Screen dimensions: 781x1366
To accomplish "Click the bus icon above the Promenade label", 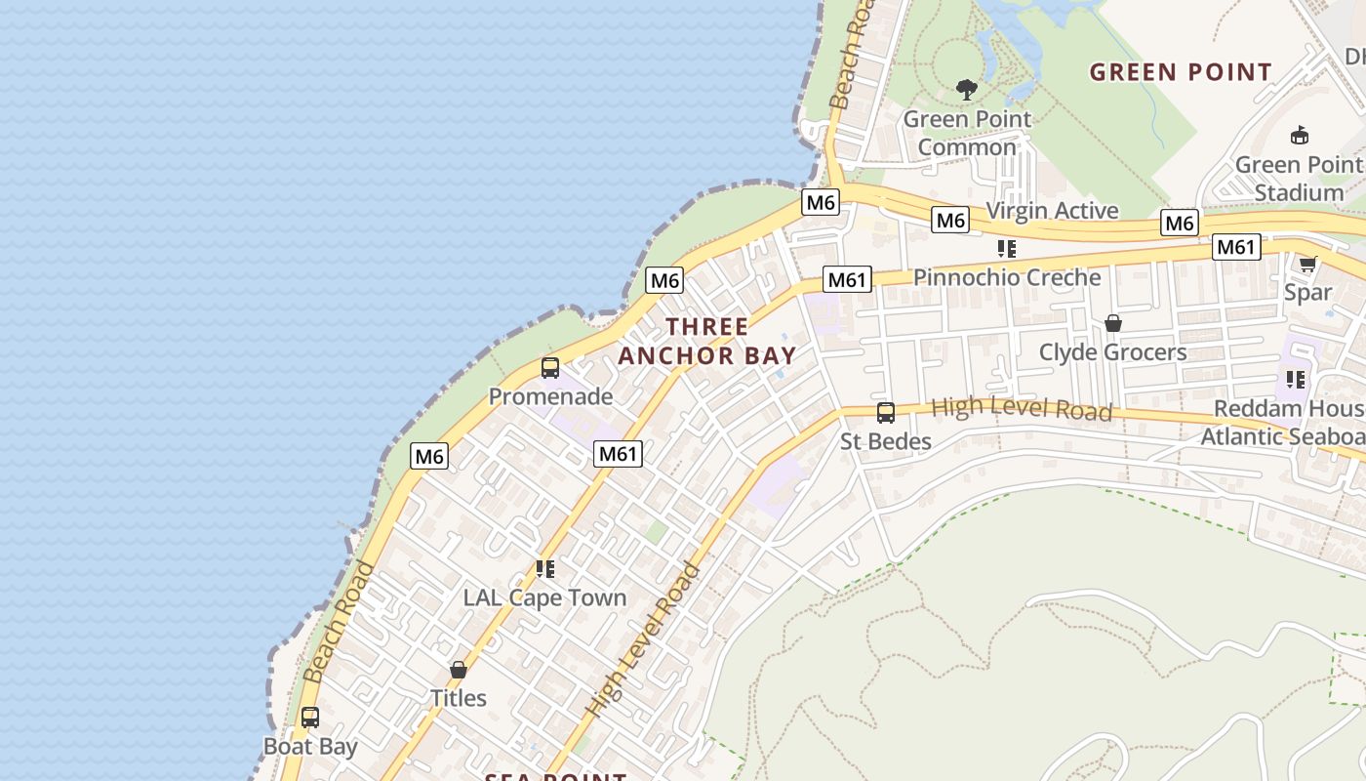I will coord(550,368).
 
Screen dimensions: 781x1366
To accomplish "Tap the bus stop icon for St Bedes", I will coord(885,413).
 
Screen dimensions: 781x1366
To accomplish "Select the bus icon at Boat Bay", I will coord(310,718).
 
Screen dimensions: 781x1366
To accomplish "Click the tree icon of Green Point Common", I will coord(967,91).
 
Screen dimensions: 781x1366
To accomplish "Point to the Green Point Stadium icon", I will coord(1299,136).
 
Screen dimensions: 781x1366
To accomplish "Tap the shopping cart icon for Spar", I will coord(1307,264).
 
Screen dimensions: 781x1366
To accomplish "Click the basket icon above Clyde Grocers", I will coord(1112,323).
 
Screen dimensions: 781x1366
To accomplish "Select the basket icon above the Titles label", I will coord(459,670).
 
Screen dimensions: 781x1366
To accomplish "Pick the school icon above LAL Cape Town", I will coord(545,568).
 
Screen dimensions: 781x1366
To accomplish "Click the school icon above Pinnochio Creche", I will coord(1007,249).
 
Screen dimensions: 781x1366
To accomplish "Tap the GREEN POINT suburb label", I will coord(1181,72).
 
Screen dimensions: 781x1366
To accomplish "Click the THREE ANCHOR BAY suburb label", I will coord(707,341).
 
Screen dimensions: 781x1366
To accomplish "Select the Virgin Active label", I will coord(1052,211).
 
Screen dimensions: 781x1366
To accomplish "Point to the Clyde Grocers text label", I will coord(1112,352).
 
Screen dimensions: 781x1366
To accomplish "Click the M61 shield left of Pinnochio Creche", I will coord(846,280).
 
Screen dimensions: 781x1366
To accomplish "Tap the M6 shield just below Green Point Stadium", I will coord(1179,224).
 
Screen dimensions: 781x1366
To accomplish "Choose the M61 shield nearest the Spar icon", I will coord(1235,248).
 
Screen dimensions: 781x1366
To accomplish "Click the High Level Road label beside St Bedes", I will coord(1022,409).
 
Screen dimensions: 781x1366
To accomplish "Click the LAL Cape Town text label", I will coord(544,597).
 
